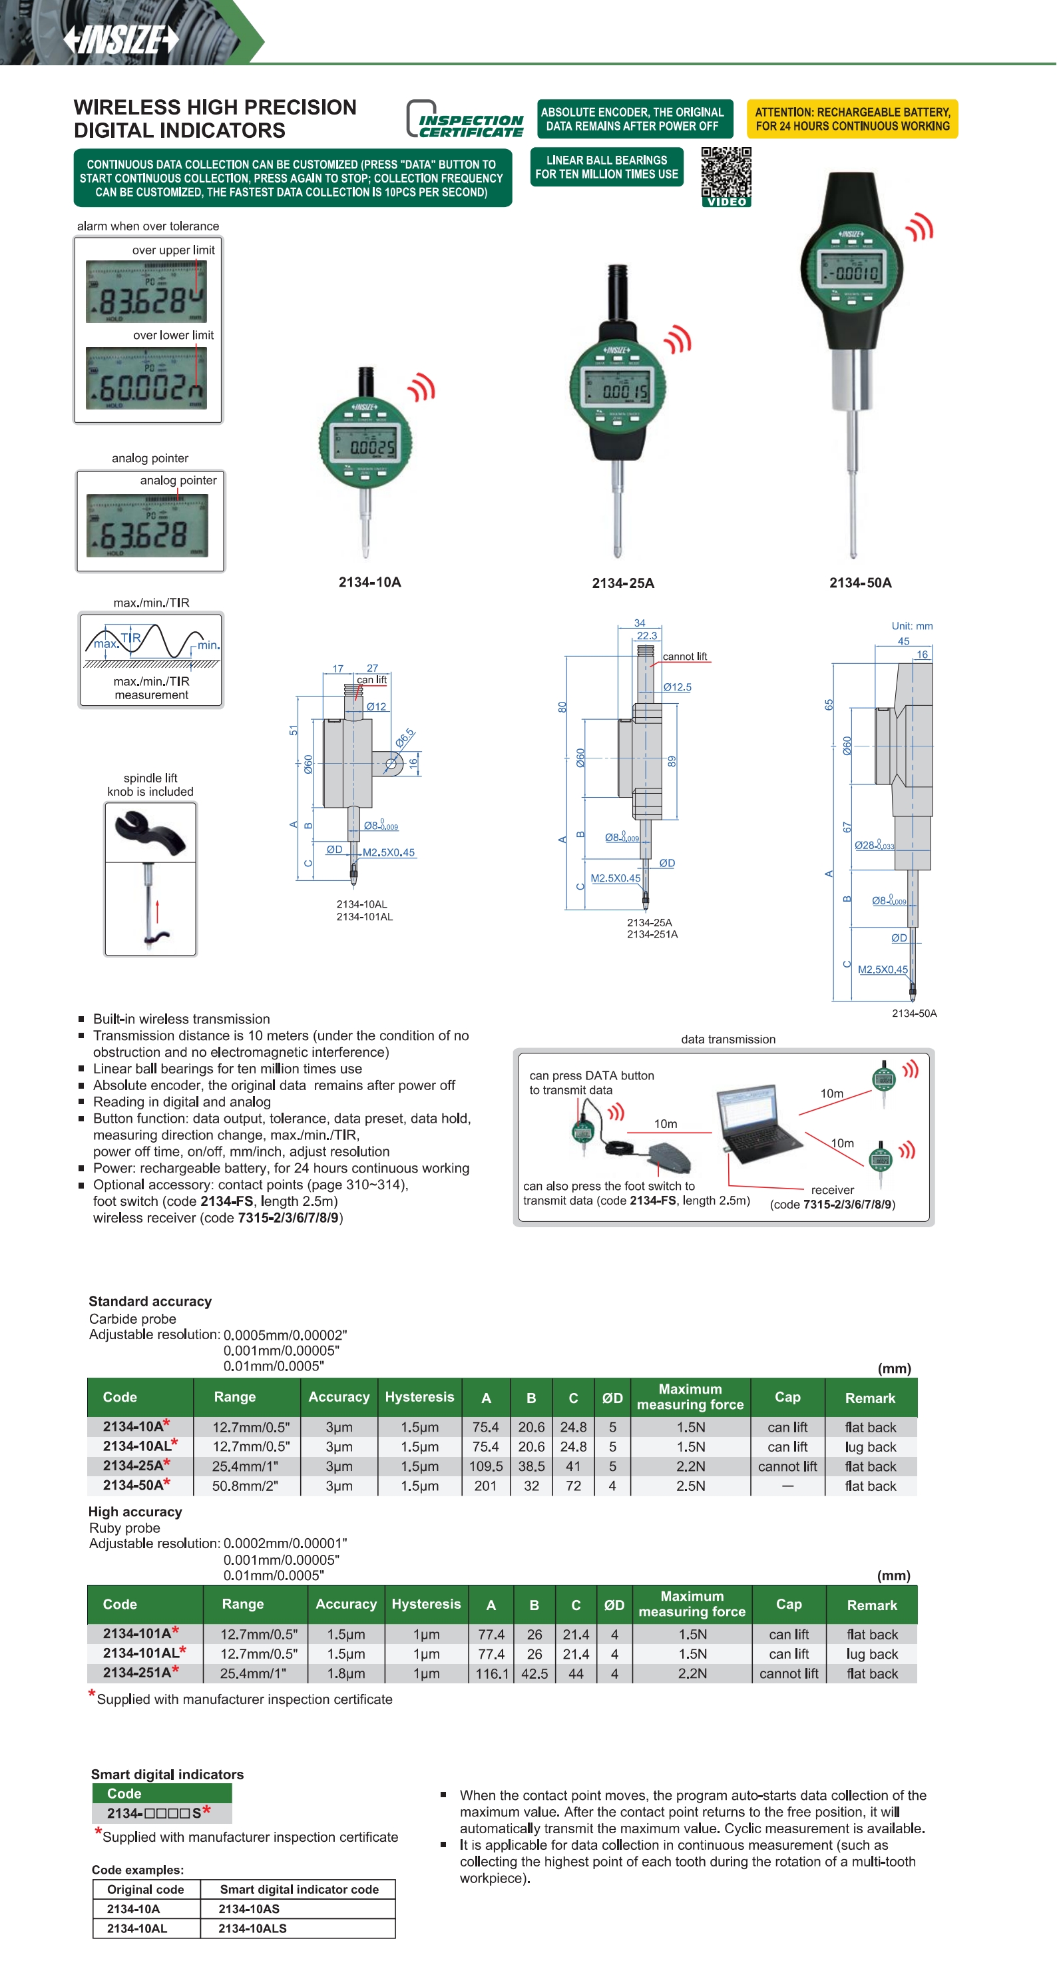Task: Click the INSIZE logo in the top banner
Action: pos(121,39)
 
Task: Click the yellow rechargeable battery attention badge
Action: pos(852,119)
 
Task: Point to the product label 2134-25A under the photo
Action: pos(622,583)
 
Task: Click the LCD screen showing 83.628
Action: pos(146,292)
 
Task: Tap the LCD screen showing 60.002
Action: pos(146,378)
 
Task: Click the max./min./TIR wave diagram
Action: pos(152,643)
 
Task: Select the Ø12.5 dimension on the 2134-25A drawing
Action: pos(677,687)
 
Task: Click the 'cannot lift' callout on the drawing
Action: pos(684,657)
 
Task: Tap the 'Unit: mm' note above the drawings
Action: pos(912,626)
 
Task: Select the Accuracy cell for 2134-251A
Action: pos(345,1673)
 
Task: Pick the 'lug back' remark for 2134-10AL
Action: pos(871,1447)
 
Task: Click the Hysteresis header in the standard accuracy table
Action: pos(419,1397)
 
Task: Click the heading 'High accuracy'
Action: pos(134,1511)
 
